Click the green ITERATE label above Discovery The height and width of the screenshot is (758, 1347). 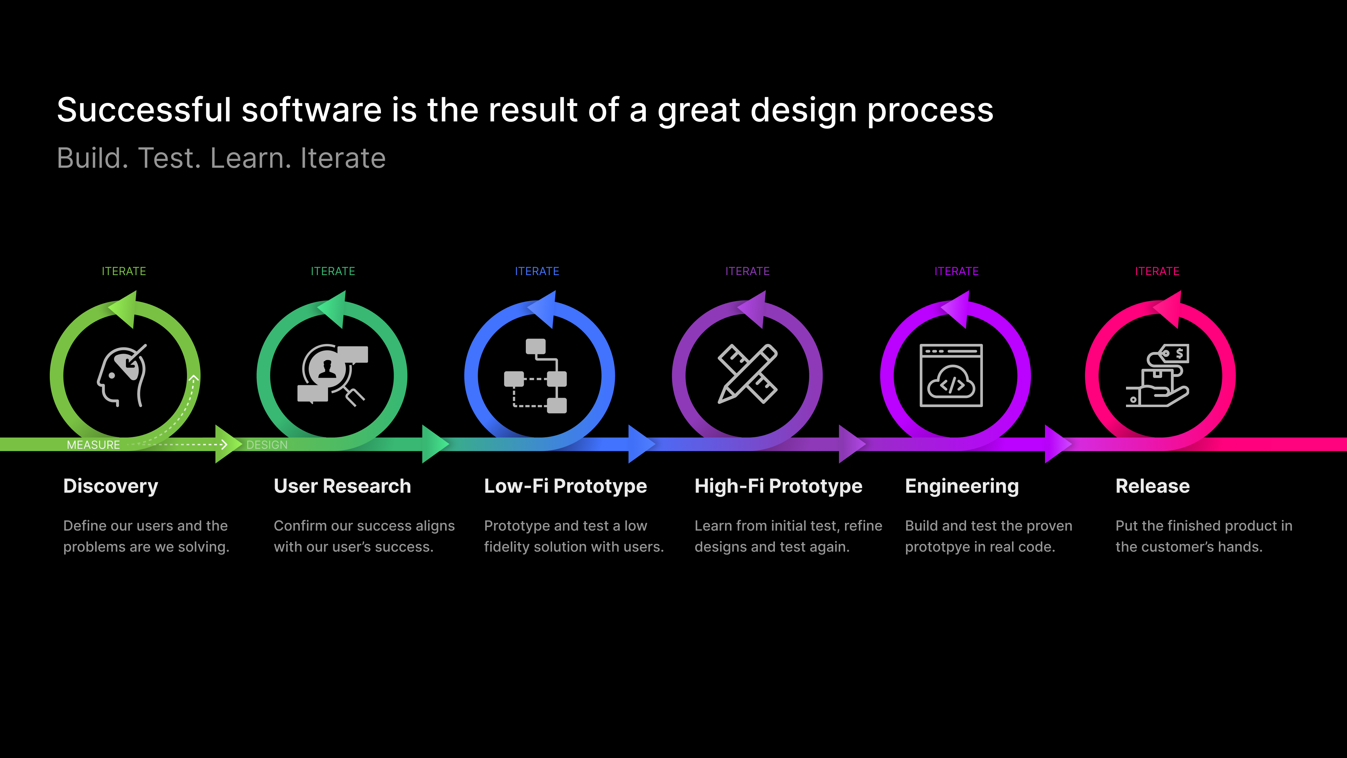click(x=124, y=271)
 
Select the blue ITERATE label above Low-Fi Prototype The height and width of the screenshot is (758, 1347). click(x=537, y=271)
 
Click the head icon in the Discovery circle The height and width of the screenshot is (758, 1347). click(x=122, y=375)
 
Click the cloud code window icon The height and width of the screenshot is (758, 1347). click(x=951, y=375)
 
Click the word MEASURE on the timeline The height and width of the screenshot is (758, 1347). click(x=94, y=445)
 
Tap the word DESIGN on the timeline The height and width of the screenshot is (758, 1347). click(x=267, y=445)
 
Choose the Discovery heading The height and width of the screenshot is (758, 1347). click(x=110, y=486)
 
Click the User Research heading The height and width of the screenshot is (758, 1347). click(x=342, y=486)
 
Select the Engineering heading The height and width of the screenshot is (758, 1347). click(x=961, y=486)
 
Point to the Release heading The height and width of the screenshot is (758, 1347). click(x=1152, y=486)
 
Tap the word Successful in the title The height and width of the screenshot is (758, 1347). click(x=144, y=111)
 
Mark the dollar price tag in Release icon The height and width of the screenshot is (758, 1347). click(x=1175, y=354)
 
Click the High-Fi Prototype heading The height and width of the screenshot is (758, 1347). click(x=778, y=486)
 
